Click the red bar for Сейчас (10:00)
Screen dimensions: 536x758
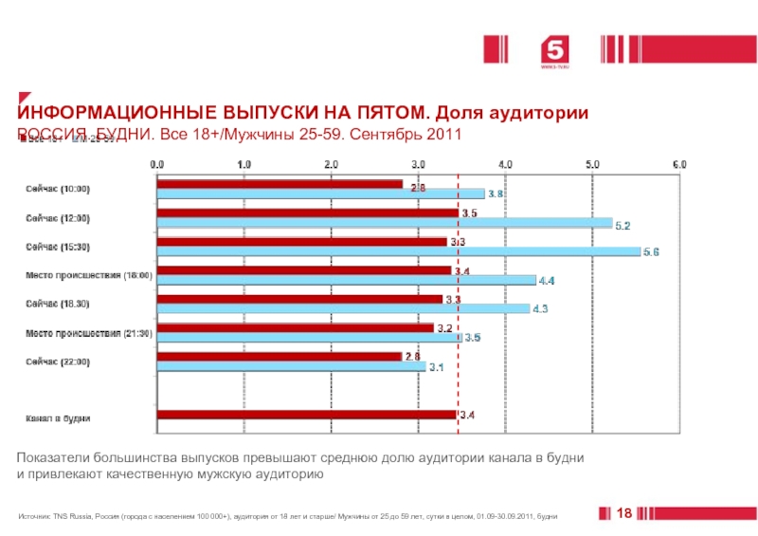click(280, 184)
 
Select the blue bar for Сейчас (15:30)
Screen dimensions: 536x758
click(398, 251)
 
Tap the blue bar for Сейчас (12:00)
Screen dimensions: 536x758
click(384, 223)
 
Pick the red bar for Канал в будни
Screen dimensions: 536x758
click(306, 415)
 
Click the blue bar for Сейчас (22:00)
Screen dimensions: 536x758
click(291, 366)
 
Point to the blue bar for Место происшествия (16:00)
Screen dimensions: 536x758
click(346, 280)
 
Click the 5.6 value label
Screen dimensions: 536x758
click(651, 252)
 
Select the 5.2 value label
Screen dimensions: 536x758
click(623, 225)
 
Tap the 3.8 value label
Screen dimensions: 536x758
click(496, 194)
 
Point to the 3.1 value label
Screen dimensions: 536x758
click(437, 367)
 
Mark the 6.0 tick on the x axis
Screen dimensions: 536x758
click(679, 164)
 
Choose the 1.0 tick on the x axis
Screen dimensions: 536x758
click(244, 164)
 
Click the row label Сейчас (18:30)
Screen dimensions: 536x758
click(58, 304)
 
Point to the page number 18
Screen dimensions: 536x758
click(623, 513)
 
